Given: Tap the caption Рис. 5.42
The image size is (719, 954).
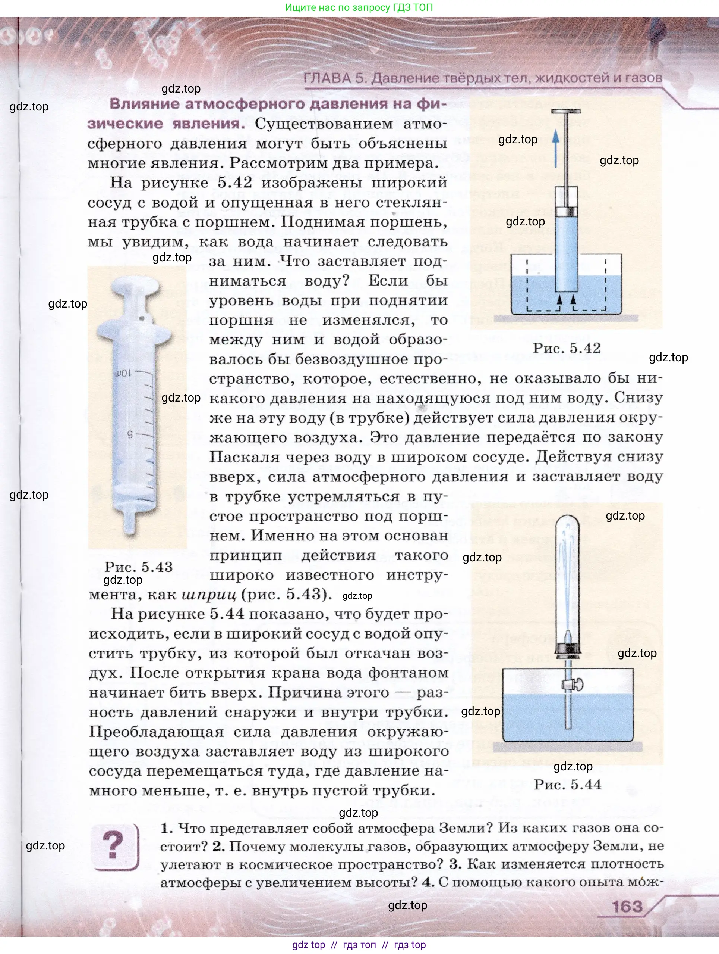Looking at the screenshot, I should pyautogui.click(x=567, y=349).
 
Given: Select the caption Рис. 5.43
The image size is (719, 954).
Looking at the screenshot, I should pyautogui.click(x=138, y=567).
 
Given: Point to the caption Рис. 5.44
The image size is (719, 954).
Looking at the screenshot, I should pyautogui.click(x=567, y=784).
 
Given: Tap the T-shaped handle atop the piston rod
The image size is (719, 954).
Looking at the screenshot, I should pyautogui.click(x=566, y=112).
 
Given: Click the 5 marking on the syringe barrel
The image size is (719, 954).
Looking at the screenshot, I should pyautogui.click(x=129, y=434).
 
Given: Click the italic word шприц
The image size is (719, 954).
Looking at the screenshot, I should pyautogui.click(x=209, y=595).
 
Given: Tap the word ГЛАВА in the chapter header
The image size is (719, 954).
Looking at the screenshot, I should pyautogui.click(x=327, y=78).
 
